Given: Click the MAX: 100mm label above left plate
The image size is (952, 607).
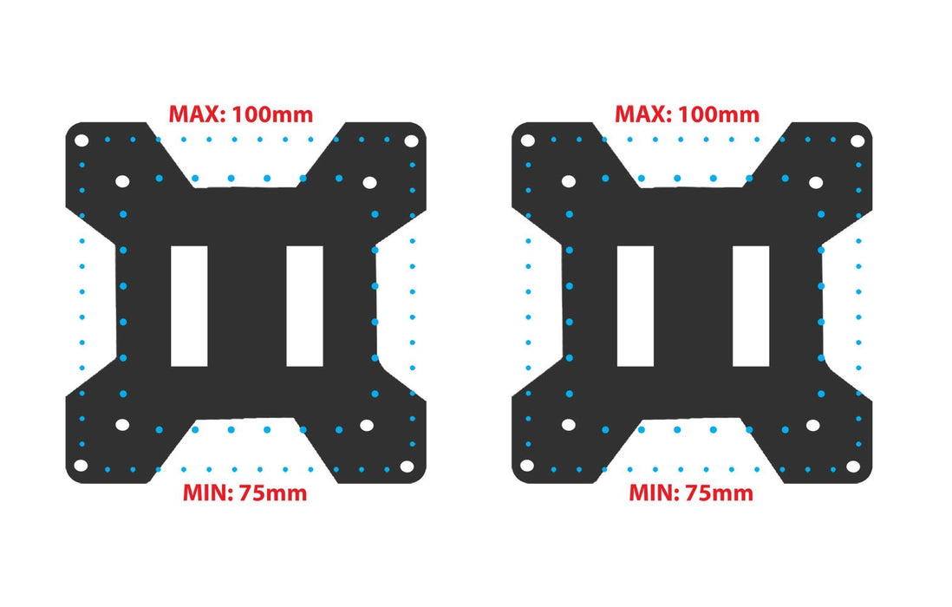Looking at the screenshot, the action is (x=240, y=114).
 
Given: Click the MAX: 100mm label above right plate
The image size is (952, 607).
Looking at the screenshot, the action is (x=688, y=114).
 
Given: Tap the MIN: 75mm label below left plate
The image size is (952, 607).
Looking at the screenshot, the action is (x=245, y=493).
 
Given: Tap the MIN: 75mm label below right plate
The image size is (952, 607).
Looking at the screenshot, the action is (x=691, y=493).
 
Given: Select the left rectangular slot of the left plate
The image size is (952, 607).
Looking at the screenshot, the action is (x=189, y=306).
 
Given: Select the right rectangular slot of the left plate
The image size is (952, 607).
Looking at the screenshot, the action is (x=305, y=306).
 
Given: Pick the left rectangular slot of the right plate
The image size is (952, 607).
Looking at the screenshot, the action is (x=636, y=306).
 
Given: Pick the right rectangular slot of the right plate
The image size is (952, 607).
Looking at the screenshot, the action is (x=751, y=306).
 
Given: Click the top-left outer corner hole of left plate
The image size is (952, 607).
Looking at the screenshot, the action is (x=82, y=140).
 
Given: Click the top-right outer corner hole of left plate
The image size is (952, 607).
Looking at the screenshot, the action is (x=411, y=140).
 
